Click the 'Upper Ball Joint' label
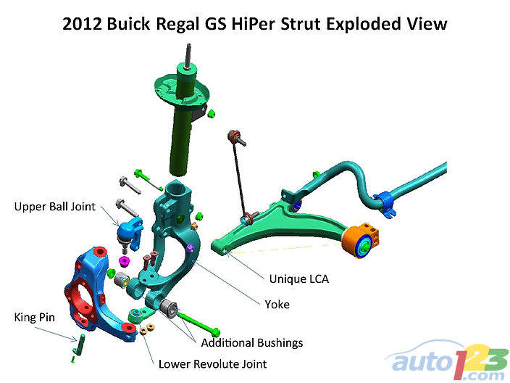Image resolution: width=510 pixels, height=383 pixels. coord(54,207)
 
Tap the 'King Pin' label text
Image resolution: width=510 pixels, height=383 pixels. coord(33,317)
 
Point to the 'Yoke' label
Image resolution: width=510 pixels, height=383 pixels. coord(277,305)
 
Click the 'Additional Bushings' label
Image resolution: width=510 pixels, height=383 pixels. coord(251,342)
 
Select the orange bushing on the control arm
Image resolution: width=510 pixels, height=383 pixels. coord(361,240)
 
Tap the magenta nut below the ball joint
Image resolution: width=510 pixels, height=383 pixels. coord(125,260)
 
